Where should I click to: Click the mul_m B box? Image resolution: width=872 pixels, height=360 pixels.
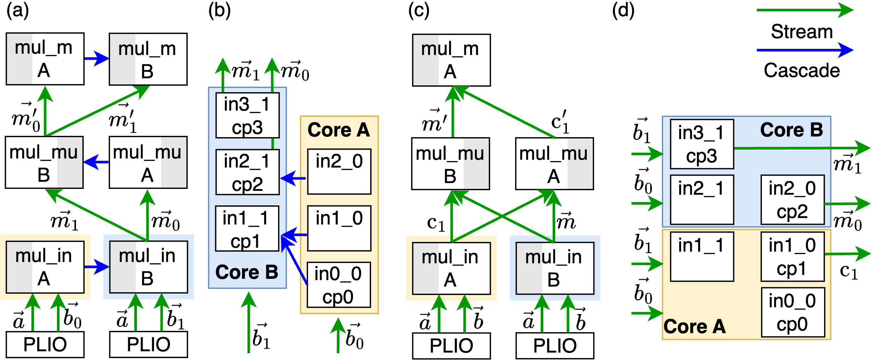[148, 59]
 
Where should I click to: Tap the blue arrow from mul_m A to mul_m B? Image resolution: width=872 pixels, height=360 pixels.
[96, 59]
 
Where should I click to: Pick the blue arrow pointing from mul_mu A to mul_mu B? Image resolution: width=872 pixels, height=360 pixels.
[96, 162]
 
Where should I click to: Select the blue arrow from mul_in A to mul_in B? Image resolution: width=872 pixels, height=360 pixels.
[96, 267]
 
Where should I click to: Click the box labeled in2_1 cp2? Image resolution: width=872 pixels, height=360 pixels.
[248, 172]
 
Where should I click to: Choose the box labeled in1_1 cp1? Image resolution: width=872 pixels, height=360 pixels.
[247, 229]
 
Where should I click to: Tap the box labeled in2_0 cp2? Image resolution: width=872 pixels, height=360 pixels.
[792, 200]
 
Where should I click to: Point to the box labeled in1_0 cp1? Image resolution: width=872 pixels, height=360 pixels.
[792, 256]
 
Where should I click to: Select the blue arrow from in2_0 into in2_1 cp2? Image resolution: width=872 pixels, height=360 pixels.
[293, 178]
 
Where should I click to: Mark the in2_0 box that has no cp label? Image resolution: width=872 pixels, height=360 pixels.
[339, 171]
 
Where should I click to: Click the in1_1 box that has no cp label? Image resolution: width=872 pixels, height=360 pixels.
[702, 256]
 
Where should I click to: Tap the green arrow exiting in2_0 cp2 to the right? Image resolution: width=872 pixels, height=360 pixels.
[846, 204]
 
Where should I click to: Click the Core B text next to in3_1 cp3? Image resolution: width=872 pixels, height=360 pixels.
[791, 130]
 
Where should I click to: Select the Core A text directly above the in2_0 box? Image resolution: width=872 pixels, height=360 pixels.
[338, 130]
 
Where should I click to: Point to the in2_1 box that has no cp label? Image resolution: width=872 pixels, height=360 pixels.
[702, 200]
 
